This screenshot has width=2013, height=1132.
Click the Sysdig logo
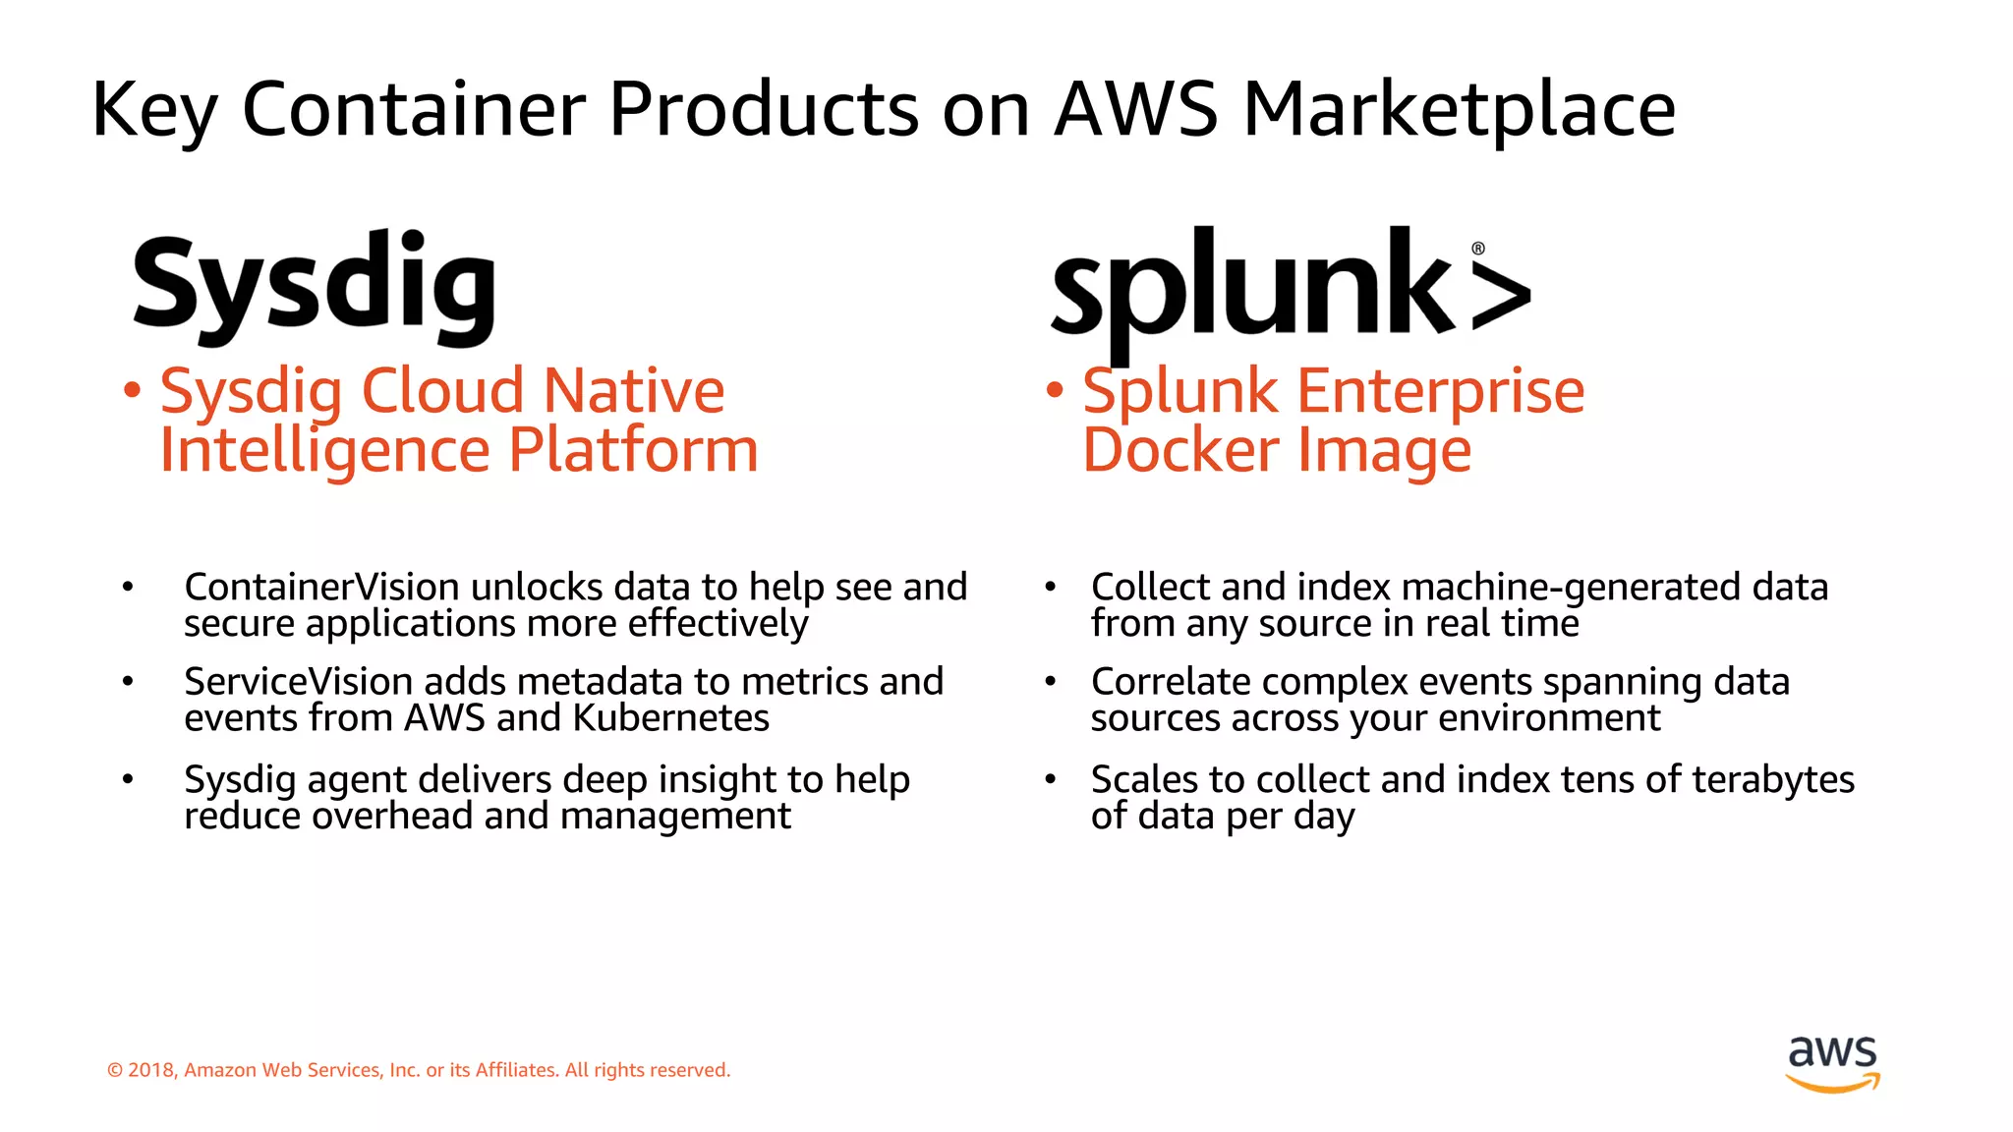[x=315, y=286]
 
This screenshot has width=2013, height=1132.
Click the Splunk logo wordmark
[x=1253, y=290]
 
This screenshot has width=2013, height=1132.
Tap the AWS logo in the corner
[x=1833, y=1062]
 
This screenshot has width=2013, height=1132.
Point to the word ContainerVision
[x=321, y=588]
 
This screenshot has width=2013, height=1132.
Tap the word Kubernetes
[x=671, y=718]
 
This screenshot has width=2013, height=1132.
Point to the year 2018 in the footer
[x=150, y=1070]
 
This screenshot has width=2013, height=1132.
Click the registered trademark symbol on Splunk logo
[x=1478, y=249]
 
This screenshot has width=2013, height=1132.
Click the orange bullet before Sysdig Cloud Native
[x=132, y=390]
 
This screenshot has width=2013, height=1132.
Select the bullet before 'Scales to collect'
[x=1050, y=779]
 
